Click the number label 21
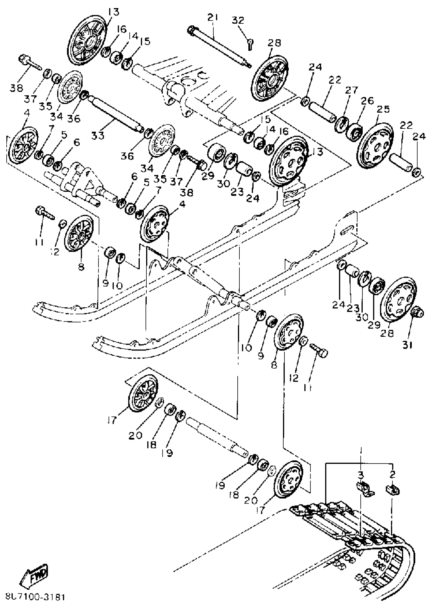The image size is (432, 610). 213,18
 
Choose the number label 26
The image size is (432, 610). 367,101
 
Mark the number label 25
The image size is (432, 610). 383,109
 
